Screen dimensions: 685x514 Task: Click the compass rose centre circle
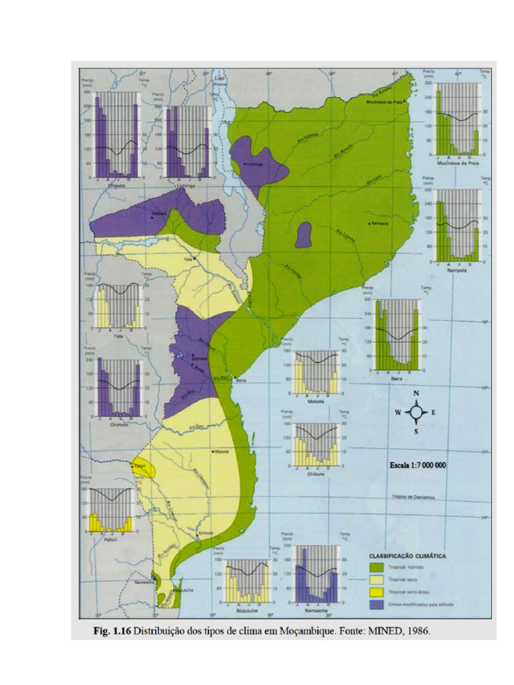coord(416,412)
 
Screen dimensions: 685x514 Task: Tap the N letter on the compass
coord(416,394)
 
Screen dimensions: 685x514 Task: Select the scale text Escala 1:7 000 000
coord(418,464)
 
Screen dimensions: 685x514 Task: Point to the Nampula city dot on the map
coord(369,223)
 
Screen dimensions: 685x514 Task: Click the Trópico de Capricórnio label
coord(418,497)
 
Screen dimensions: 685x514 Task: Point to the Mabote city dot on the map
coord(212,452)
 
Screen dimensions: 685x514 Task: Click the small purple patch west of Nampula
coord(305,234)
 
